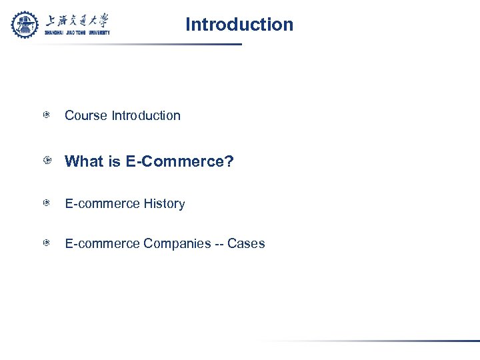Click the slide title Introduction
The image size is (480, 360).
click(239, 25)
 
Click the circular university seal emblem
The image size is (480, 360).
click(25, 25)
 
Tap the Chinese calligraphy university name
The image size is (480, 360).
click(77, 21)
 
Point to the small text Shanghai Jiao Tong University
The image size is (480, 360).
click(77, 32)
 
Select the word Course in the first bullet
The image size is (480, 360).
click(86, 115)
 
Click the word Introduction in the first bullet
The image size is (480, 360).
click(146, 115)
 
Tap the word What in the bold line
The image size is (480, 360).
click(84, 162)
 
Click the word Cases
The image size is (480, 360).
click(246, 244)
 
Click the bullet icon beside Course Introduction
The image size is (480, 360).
click(47, 115)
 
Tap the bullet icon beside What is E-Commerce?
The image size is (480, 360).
click(47, 162)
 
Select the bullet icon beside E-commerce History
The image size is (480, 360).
click(47, 203)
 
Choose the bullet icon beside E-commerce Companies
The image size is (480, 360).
click(47, 243)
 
